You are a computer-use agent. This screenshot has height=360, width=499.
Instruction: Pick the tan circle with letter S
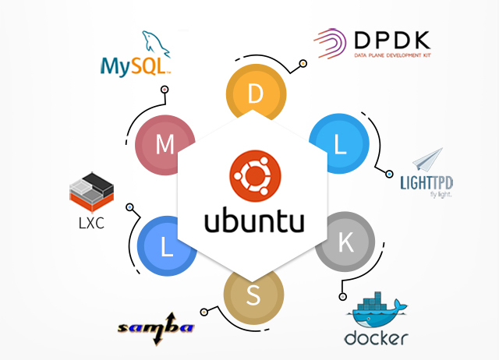[x=253, y=296]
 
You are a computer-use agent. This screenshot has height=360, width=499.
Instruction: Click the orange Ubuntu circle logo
[x=255, y=176]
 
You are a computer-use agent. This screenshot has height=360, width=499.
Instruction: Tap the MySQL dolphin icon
[x=156, y=44]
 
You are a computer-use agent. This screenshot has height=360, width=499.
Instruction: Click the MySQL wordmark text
[x=135, y=67]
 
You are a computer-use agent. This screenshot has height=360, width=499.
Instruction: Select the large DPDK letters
[x=392, y=40]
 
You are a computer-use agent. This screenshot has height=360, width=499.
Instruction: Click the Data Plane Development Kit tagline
[x=392, y=55]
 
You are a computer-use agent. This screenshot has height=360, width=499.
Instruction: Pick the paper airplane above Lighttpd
[x=428, y=159]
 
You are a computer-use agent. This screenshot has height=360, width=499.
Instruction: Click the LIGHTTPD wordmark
[x=426, y=183]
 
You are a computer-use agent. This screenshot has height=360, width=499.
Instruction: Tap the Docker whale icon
[x=377, y=310]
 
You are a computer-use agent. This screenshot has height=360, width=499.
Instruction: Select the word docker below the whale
[x=376, y=337]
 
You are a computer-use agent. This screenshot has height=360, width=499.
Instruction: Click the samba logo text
[x=156, y=329]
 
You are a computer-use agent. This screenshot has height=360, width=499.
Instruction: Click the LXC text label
[x=91, y=224]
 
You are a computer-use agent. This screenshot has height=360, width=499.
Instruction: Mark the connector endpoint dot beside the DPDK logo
[x=303, y=63]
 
